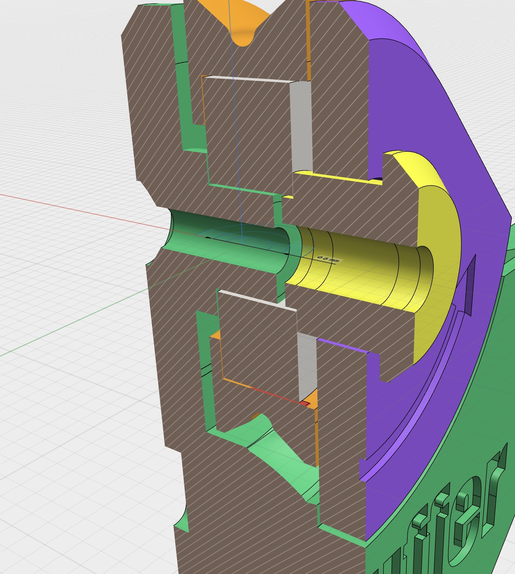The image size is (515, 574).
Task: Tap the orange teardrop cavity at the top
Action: point(240,26)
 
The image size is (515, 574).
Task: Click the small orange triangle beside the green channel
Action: point(216,335)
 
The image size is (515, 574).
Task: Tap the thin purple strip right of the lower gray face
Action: point(342,346)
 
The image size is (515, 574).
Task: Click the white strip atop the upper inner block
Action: point(249,79)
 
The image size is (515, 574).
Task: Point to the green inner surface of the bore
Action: point(226,249)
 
